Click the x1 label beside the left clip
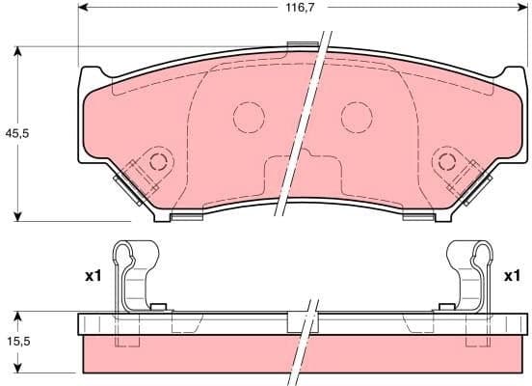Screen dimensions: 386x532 tap(93, 277)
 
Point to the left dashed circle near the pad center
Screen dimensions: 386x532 tap(249, 118)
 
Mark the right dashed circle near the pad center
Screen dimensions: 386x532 tap(357, 118)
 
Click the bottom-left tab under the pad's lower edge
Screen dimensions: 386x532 tap(185, 216)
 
